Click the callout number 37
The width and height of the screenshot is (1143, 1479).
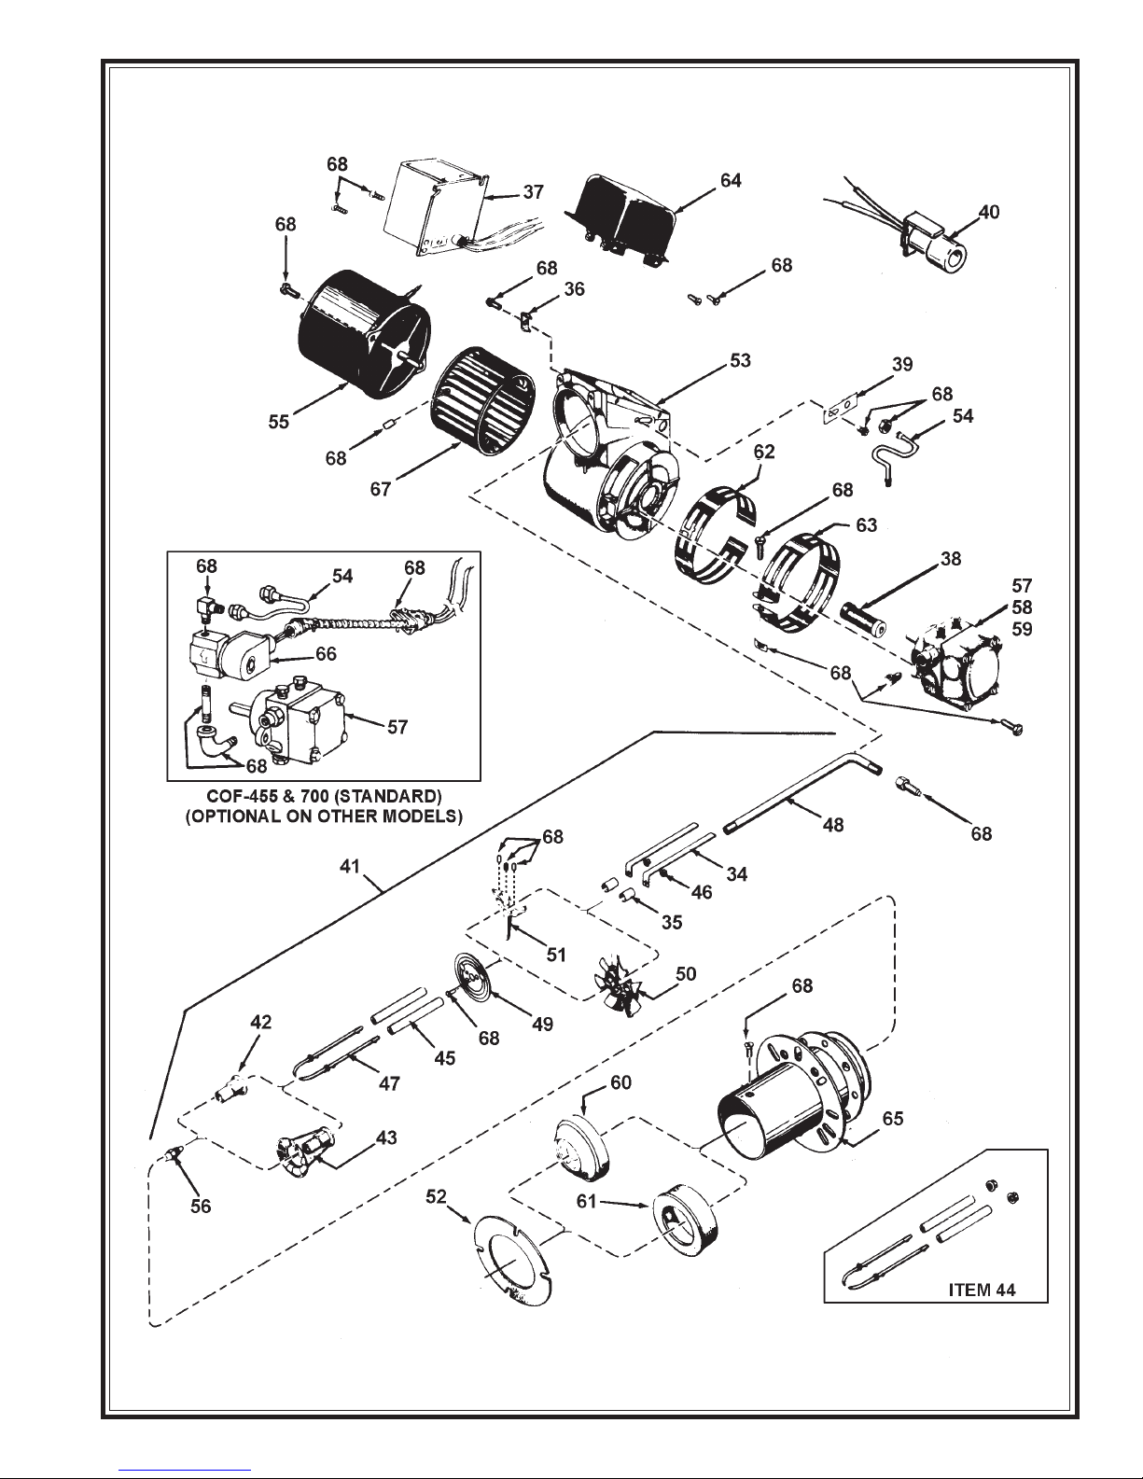pyautogui.click(x=534, y=192)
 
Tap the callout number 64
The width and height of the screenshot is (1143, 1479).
pyautogui.click(x=731, y=180)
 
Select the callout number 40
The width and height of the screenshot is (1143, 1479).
pyautogui.click(x=988, y=213)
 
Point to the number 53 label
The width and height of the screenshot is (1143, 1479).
pyautogui.click(x=740, y=360)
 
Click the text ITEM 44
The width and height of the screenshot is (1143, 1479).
pyautogui.click(x=982, y=1290)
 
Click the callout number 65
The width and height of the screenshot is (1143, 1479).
pyautogui.click(x=893, y=1119)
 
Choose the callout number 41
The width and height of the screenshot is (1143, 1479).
pyautogui.click(x=349, y=867)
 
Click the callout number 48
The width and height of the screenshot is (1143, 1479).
pyautogui.click(x=832, y=825)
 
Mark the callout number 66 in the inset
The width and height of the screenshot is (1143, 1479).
pyautogui.click(x=326, y=653)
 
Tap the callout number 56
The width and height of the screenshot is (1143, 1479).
pyautogui.click(x=201, y=1207)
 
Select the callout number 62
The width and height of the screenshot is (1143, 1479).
pyautogui.click(x=764, y=452)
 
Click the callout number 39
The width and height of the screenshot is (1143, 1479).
pyautogui.click(x=902, y=364)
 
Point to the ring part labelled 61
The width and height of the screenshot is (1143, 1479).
pyautogui.click(x=685, y=1219)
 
